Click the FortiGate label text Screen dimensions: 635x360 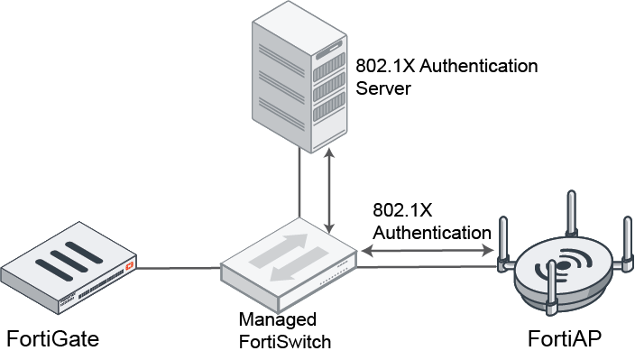52,338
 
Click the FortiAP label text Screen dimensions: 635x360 565,338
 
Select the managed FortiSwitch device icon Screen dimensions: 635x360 289,263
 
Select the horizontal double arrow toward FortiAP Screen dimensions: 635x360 428,256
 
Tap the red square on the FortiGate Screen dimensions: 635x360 131,268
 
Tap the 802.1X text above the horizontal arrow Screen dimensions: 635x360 402,209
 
